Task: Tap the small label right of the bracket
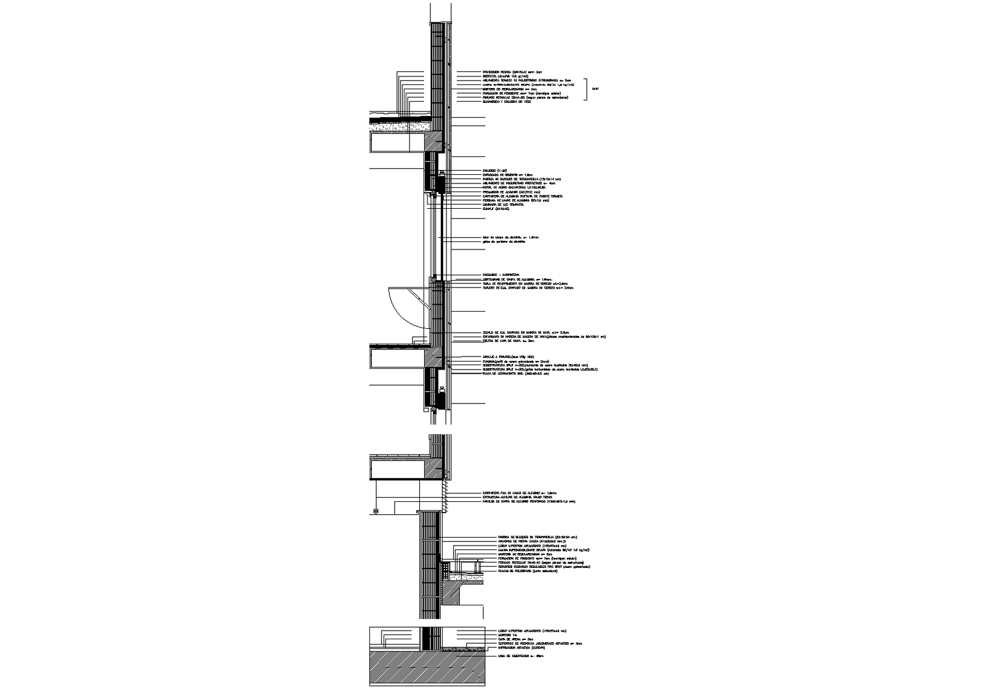(x=595, y=89)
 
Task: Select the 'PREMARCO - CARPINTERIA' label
(x=501, y=275)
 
